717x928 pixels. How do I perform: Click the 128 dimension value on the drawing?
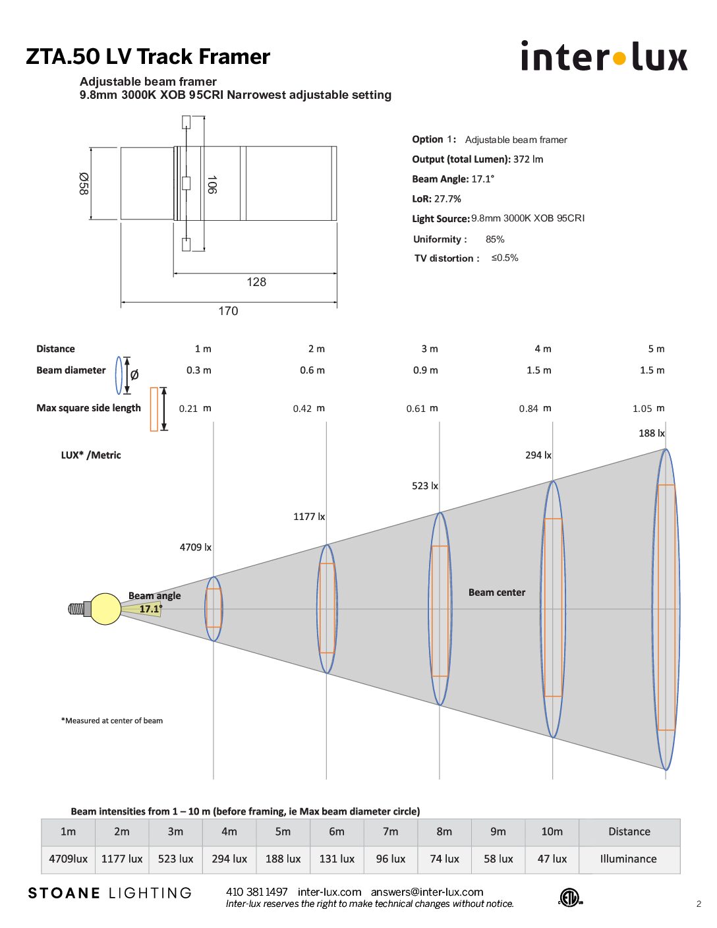click(256, 282)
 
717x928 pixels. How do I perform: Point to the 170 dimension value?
click(228, 311)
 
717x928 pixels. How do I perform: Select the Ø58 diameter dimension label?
click(84, 184)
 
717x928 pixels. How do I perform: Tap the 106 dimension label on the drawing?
click(212, 185)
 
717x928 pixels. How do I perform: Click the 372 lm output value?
click(528, 159)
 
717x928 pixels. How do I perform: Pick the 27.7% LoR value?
click(447, 198)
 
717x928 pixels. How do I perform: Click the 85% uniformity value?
click(495, 239)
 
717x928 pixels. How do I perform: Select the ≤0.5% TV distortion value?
click(504, 258)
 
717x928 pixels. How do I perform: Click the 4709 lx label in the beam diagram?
click(195, 547)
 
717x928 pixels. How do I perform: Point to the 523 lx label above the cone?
click(424, 486)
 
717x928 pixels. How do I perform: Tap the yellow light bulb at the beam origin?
click(105, 608)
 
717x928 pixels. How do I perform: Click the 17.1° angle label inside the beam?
click(151, 608)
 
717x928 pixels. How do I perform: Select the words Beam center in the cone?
click(497, 593)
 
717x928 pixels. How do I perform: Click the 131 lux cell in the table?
click(337, 858)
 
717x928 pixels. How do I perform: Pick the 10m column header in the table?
click(552, 832)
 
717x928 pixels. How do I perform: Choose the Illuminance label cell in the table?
click(628, 858)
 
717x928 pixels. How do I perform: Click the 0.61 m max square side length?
click(422, 408)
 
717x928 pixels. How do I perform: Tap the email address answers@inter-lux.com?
click(427, 892)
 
